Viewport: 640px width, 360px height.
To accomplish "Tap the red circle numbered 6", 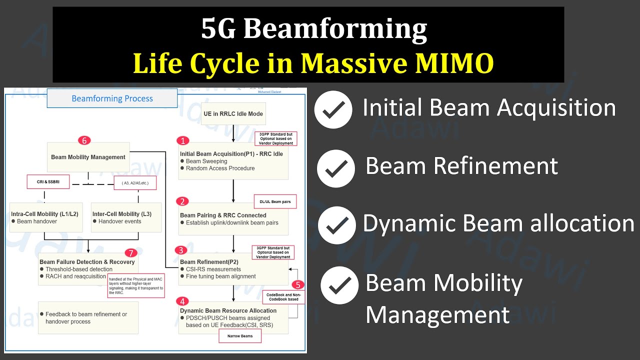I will pyautogui.click(x=84, y=140).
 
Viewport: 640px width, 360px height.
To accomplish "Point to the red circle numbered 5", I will pyautogui.click(x=298, y=284).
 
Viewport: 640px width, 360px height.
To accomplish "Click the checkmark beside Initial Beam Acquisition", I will pyautogui.click(x=333, y=110).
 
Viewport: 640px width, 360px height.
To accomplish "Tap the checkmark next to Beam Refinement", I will pyautogui.click(x=336, y=167).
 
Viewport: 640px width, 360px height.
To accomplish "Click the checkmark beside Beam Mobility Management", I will pyautogui.click(x=339, y=285).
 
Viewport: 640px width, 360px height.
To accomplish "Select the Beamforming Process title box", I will pyautogui.click(x=112, y=98).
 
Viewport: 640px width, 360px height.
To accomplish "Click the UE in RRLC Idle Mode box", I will pyautogui.click(x=233, y=114).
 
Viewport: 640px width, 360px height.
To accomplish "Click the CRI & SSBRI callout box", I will pyautogui.click(x=40, y=181).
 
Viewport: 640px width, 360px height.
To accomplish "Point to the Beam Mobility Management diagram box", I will pyautogui.click(x=88, y=157).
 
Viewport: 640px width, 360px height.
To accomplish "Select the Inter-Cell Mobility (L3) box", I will pyautogui.click(x=126, y=217).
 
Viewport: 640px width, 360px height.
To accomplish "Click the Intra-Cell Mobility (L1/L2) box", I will pyautogui.click(x=46, y=217).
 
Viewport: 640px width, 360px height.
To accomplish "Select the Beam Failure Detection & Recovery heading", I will pyautogui.click(x=87, y=262).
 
